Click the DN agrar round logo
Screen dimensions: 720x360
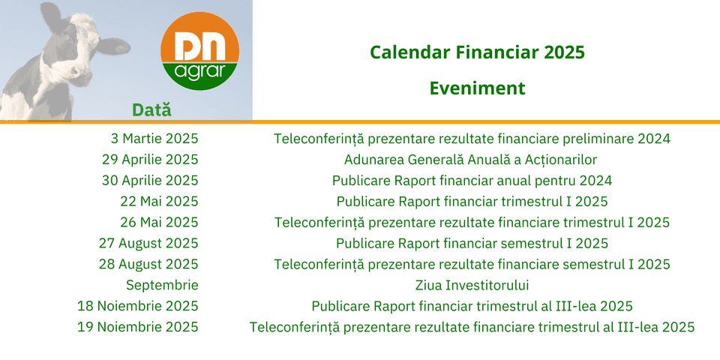[199, 51]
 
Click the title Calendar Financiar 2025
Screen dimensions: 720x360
[478, 52]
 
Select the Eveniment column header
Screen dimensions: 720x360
[478, 88]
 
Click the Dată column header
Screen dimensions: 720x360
[151, 109]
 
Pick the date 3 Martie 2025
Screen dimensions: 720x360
[154, 138]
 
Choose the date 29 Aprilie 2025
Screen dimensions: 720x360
[150, 159]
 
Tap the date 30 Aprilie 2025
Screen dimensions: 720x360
[150, 181]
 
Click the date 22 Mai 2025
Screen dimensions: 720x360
[159, 201]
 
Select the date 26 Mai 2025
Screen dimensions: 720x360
[159, 222]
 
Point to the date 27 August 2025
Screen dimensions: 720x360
[148, 243]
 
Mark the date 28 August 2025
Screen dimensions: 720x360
[148, 265]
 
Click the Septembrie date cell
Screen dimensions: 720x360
[163, 286]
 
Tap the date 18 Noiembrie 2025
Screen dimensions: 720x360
[138, 306]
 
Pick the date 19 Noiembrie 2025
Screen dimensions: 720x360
[138, 327]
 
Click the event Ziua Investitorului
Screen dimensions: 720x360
[472, 285]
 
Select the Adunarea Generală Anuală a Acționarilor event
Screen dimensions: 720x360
[471, 160]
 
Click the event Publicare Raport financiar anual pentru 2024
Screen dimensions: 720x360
[472, 181]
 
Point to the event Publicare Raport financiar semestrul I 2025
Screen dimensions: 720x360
[472, 243]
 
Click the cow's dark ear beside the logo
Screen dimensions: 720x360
[113, 46]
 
